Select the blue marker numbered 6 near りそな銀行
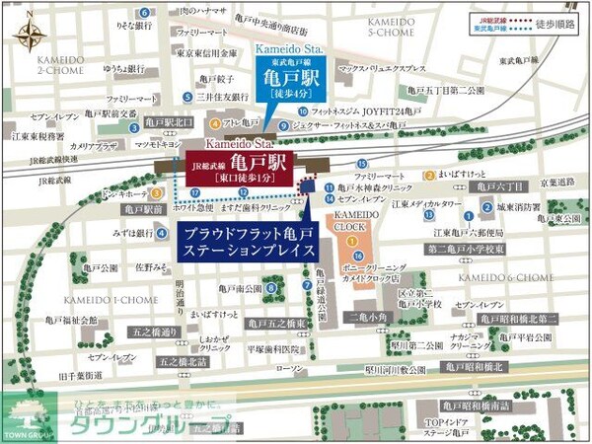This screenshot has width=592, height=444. (146, 14)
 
